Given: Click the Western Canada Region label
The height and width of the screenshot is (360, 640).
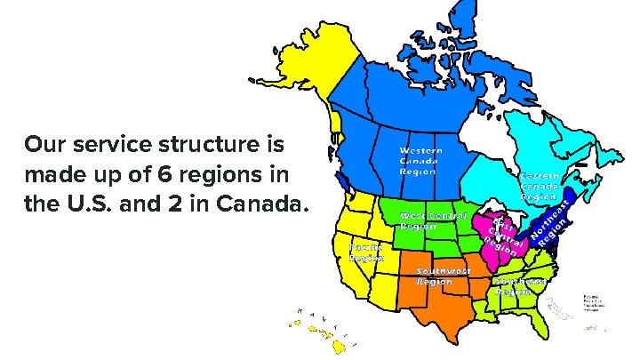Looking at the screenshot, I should coord(420,161).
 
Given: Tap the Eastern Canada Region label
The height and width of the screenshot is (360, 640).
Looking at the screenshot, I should coord(540,187).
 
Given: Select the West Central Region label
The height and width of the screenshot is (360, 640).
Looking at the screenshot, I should coord(432,220).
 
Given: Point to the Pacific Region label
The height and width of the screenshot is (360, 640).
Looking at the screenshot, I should coord(365,251).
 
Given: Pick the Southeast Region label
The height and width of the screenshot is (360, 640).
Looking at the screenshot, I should coord(520,285).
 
